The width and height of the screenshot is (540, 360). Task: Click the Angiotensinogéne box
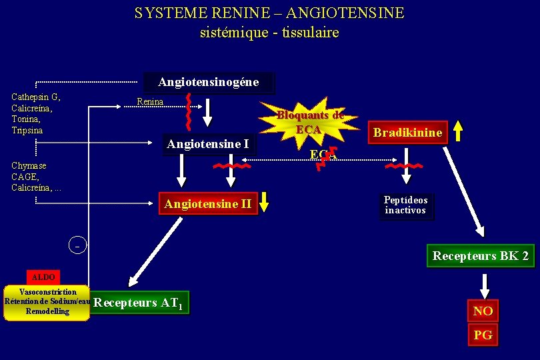[x=208, y=83]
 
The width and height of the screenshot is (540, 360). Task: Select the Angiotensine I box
[x=208, y=144]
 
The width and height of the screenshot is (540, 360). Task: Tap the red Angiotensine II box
[x=208, y=204]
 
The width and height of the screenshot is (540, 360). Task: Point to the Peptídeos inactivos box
[x=406, y=205]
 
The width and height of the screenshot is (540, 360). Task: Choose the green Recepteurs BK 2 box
[x=480, y=256]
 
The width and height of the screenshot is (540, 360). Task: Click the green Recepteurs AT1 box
[x=141, y=303]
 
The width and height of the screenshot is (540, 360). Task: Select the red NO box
[x=483, y=311]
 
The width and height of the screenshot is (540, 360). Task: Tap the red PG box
[x=483, y=335]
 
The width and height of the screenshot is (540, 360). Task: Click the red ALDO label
[x=41, y=277]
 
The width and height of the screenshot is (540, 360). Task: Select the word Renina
[x=149, y=102]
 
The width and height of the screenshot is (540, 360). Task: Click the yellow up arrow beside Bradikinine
[x=457, y=132]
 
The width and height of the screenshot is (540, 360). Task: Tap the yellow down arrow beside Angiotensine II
[x=264, y=202]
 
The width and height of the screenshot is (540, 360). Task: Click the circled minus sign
[x=77, y=245]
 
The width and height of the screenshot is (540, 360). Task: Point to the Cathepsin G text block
[x=36, y=113]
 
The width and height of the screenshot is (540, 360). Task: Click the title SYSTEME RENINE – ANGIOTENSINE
[x=269, y=13]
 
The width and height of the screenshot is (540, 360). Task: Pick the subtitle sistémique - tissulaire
[x=269, y=32]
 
